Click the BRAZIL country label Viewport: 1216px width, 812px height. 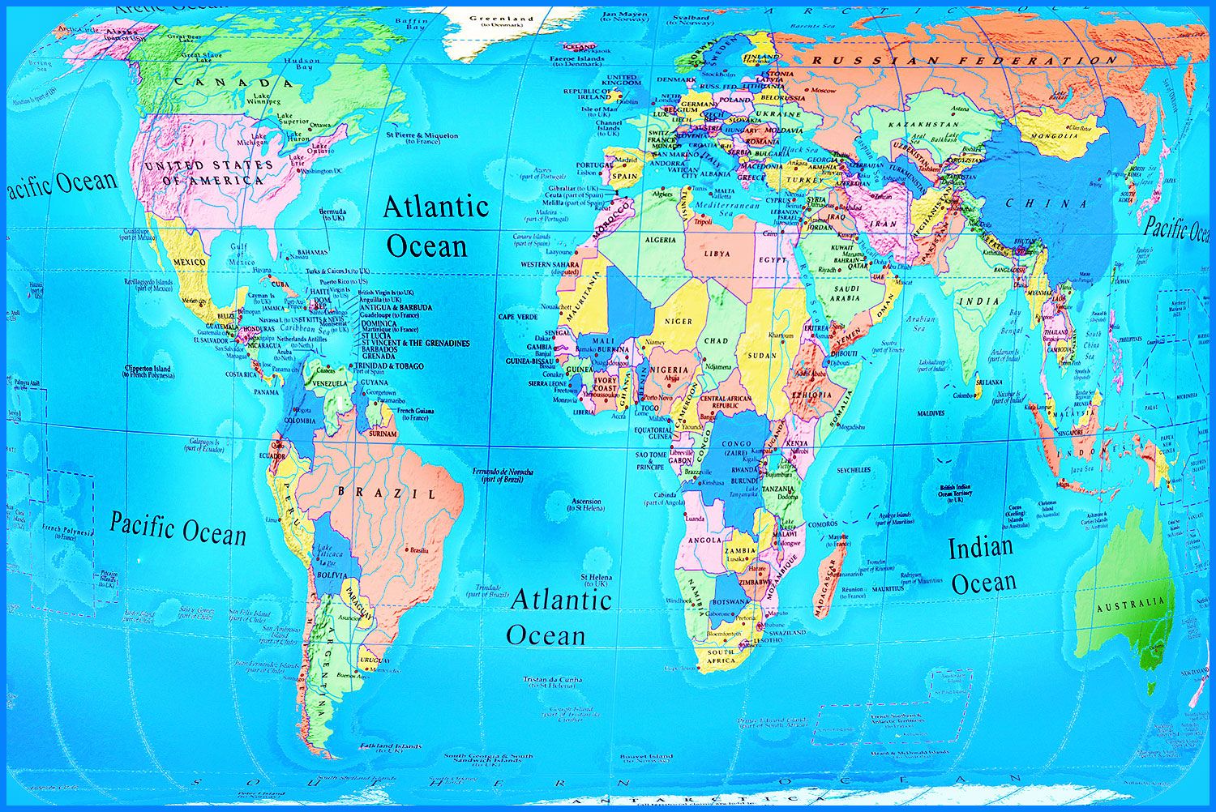(x=387, y=492)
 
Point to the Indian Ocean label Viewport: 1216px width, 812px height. (x=982, y=565)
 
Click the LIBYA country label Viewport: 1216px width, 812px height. (x=717, y=254)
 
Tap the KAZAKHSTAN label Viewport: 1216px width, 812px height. (x=923, y=125)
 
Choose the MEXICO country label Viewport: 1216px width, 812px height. (x=190, y=263)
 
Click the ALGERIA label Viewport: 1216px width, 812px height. (x=660, y=240)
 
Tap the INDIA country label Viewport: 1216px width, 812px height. (x=979, y=301)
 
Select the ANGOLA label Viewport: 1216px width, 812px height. (x=704, y=540)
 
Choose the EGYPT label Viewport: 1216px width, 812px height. (x=772, y=260)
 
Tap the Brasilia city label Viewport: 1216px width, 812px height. (x=419, y=550)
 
